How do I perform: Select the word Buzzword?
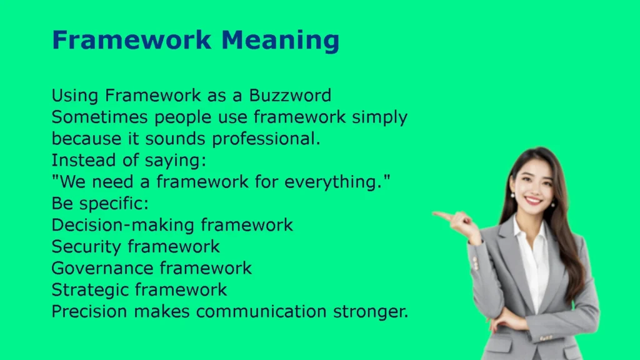point(290,96)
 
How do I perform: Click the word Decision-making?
point(123,225)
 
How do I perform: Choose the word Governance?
point(102,268)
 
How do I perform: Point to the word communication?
point(261,311)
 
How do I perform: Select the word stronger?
point(371,312)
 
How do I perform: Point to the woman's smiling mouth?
point(533,200)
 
